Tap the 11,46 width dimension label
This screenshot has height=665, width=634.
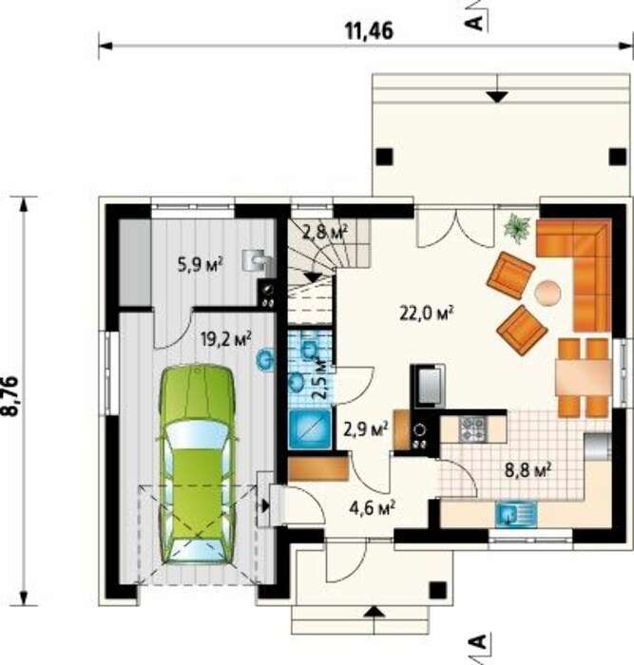(x=369, y=30)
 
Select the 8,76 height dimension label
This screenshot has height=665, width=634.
(x=12, y=396)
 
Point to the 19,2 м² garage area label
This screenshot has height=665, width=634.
(x=226, y=338)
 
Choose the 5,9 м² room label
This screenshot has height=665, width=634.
(x=201, y=265)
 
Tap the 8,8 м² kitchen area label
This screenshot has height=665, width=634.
(x=528, y=470)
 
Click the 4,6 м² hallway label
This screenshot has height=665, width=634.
(x=373, y=507)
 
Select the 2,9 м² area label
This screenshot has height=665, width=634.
(x=366, y=429)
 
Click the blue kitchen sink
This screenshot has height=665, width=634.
(x=516, y=514)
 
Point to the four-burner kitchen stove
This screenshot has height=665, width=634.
(x=472, y=429)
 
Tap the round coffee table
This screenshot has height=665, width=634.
(x=548, y=293)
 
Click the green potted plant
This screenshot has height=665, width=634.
(x=517, y=228)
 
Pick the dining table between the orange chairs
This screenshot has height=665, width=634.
(x=584, y=378)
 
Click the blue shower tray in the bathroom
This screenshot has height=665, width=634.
(x=310, y=429)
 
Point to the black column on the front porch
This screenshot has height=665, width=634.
(x=437, y=590)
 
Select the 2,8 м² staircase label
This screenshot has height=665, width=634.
(x=325, y=232)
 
